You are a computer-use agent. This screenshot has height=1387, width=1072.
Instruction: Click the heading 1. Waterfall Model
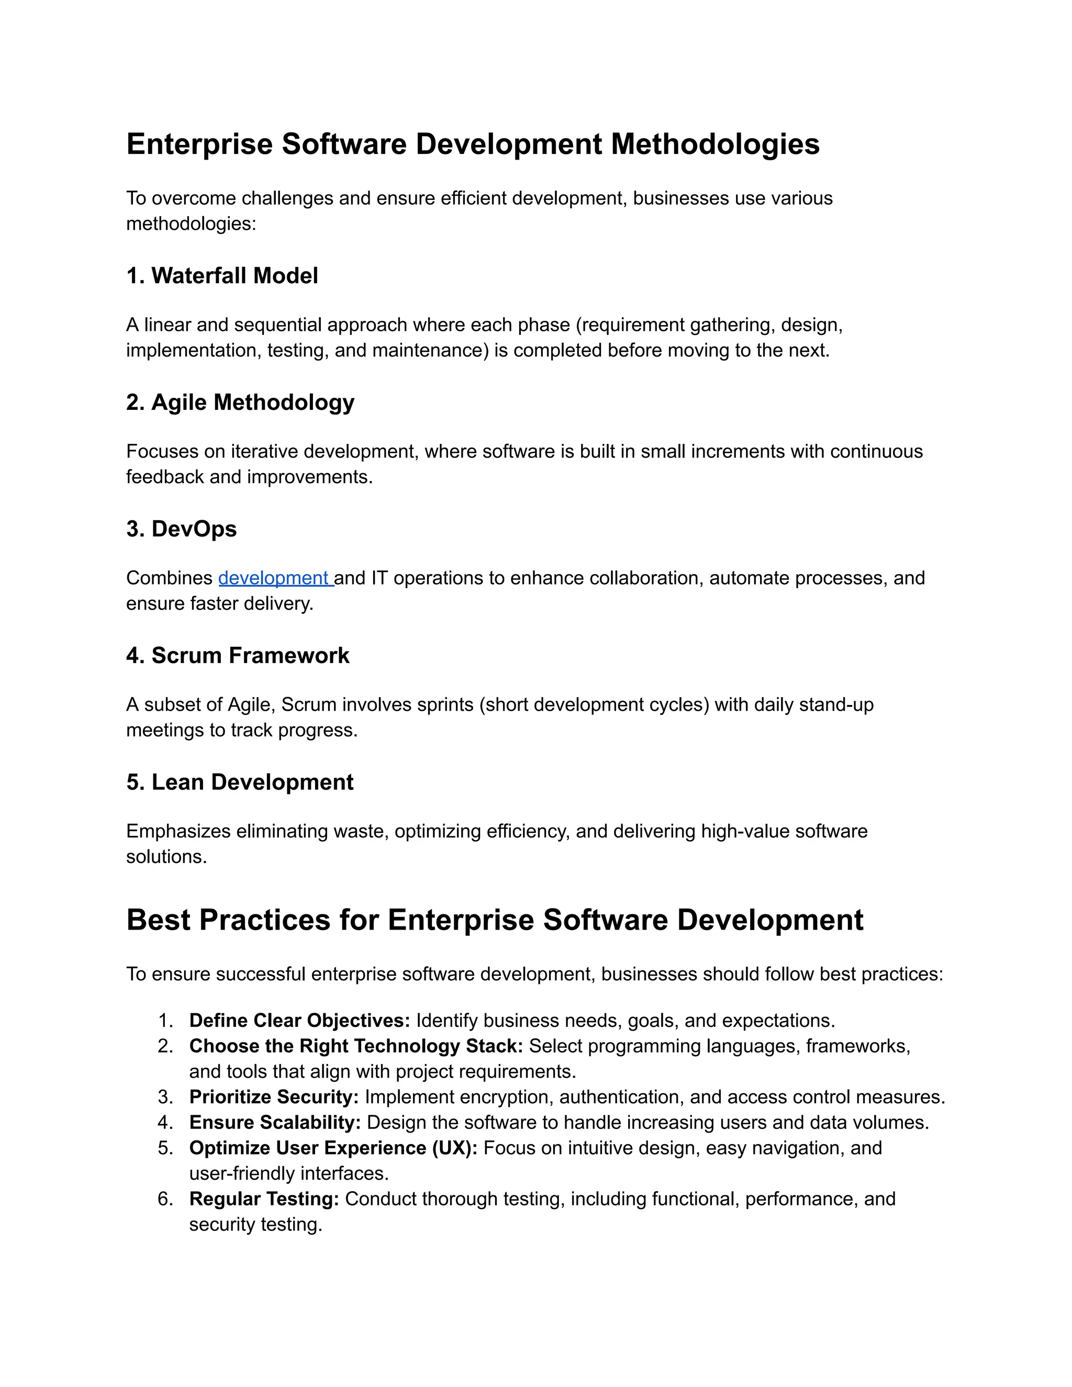(x=222, y=276)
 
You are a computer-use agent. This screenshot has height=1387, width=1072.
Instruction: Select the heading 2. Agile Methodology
(x=240, y=402)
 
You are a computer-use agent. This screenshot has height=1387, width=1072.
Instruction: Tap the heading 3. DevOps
(x=181, y=529)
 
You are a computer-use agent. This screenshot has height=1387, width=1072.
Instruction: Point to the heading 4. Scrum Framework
(x=238, y=655)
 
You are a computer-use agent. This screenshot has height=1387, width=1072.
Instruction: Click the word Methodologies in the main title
(x=715, y=143)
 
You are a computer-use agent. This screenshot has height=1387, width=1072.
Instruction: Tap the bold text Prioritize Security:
(x=274, y=1097)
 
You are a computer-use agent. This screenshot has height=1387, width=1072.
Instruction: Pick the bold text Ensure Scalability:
(x=275, y=1122)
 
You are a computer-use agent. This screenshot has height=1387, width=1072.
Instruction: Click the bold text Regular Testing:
(x=264, y=1199)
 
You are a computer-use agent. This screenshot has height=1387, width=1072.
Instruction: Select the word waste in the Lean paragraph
(x=360, y=831)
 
